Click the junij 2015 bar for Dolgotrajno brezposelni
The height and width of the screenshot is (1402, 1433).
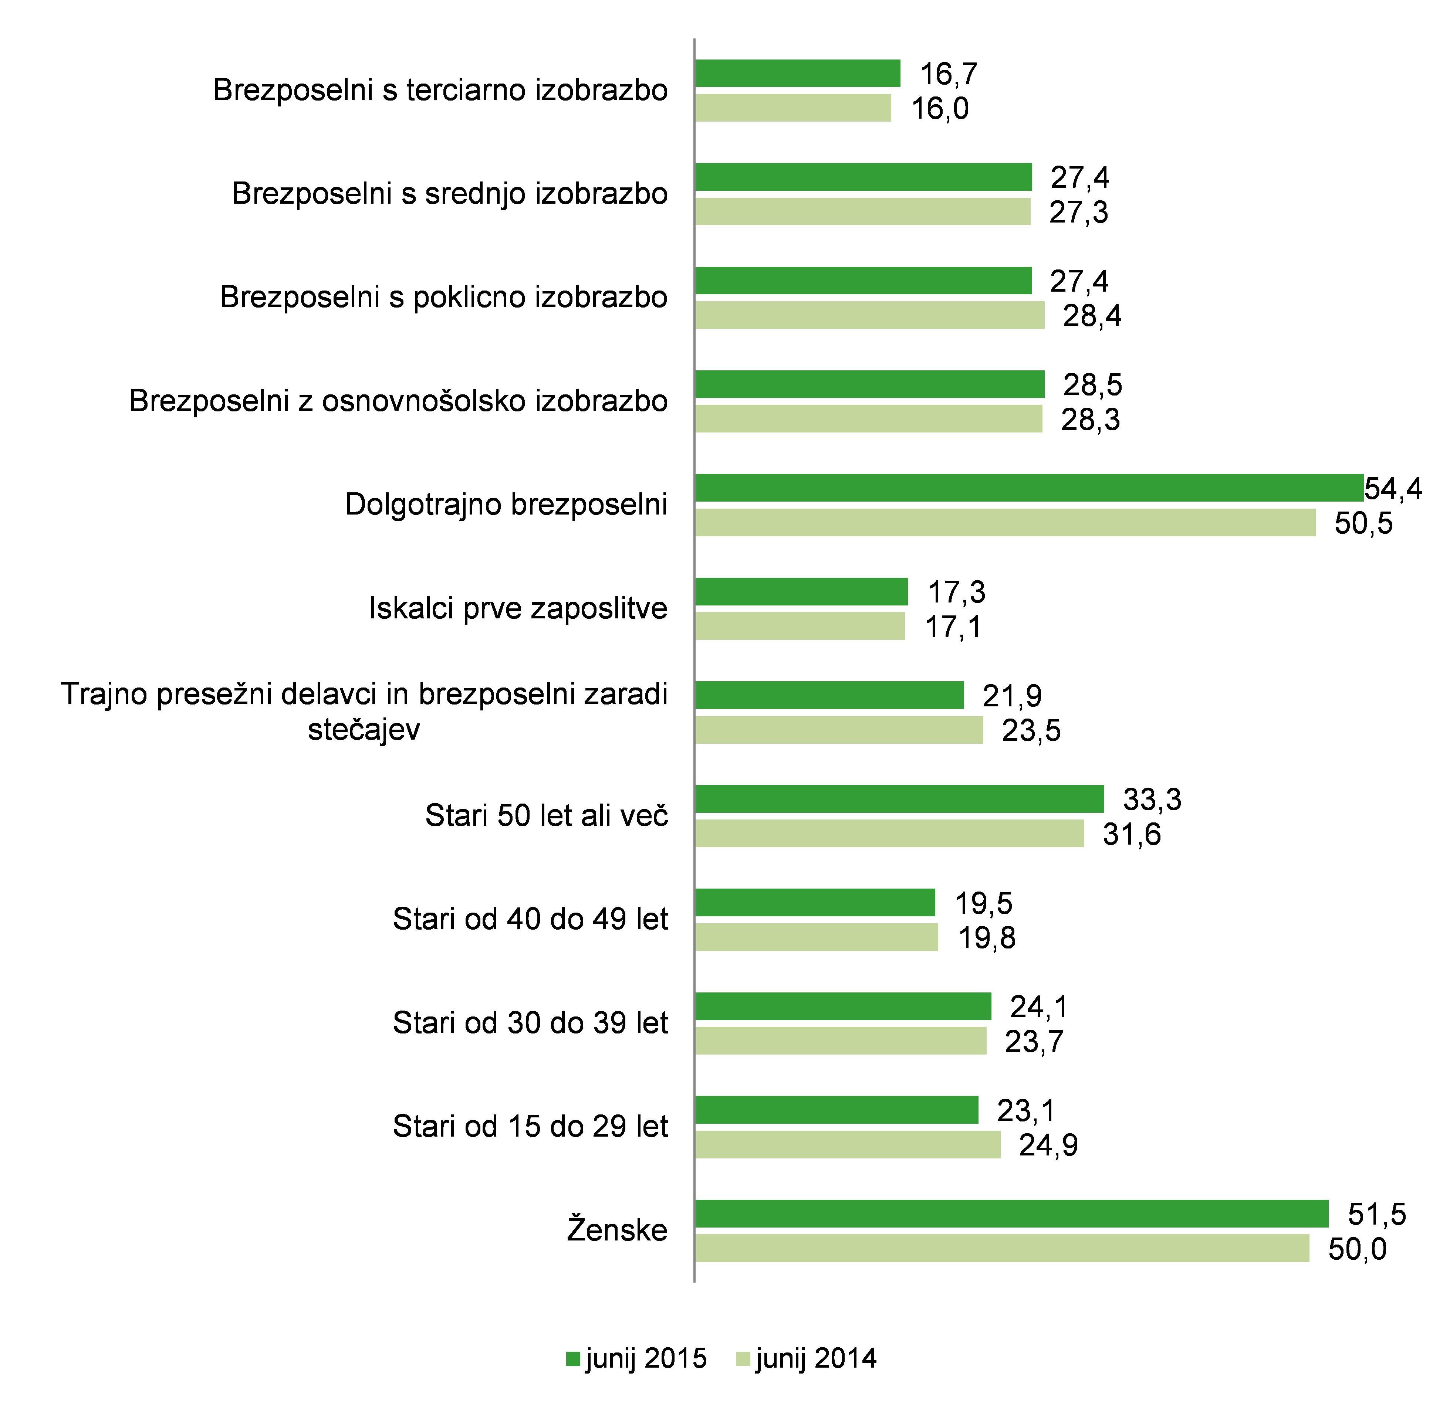[x=1028, y=488]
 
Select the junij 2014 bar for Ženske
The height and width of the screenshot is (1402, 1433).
[x=1002, y=1248]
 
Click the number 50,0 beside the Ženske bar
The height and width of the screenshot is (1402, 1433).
[x=1357, y=1249]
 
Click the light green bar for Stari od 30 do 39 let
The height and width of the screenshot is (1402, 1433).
[x=840, y=1041]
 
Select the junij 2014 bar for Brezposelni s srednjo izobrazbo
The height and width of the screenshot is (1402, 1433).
[x=862, y=211]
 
